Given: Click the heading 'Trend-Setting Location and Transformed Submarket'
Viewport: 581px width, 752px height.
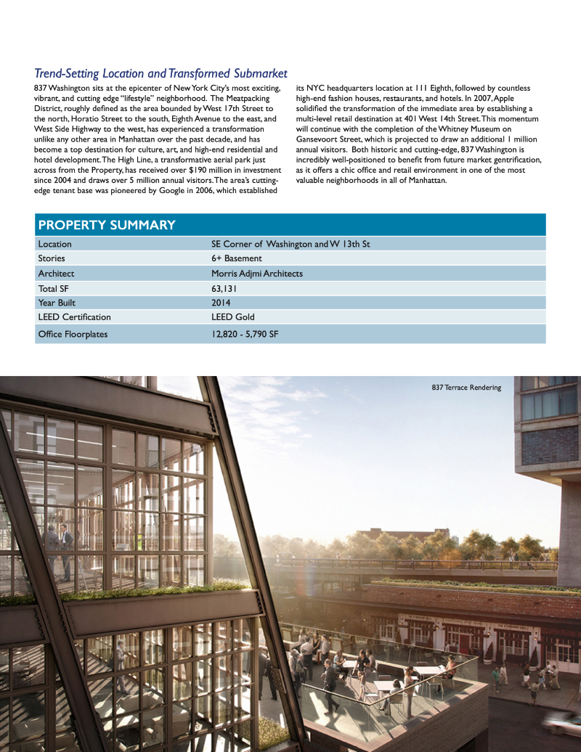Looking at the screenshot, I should (161, 73).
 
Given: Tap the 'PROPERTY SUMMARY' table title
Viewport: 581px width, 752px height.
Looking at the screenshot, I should (107, 225).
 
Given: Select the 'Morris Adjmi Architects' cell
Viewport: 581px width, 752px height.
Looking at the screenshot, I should (256, 274).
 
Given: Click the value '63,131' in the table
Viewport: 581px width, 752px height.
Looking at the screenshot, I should (224, 288).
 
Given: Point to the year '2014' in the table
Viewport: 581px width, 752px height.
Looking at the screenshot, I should (221, 303).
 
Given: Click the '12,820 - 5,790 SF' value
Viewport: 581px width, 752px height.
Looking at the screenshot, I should (245, 334).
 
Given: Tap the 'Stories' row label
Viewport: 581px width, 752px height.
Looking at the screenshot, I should (52, 258).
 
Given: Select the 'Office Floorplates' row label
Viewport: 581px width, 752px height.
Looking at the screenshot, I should (73, 334).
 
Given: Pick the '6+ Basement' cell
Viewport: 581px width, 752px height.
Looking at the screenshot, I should (236, 258).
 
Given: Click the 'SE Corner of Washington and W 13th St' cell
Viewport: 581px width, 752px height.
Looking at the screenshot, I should (290, 244).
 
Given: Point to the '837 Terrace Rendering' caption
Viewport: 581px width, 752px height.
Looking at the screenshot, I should (466, 388).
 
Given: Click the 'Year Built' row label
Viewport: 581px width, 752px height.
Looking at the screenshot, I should (57, 303).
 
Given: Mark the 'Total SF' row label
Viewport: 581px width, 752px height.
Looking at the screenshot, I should (53, 288).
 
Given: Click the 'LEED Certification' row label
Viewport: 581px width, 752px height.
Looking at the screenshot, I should (74, 317).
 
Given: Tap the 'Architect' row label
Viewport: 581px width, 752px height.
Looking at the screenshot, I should (56, 274).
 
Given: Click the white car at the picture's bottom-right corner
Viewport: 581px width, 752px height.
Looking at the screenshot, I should (564, 723).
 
